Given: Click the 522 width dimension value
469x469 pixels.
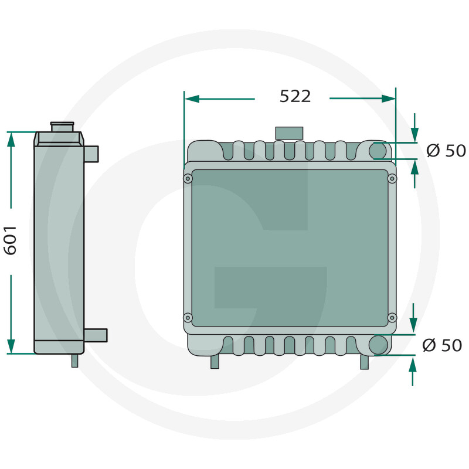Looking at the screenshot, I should point(295,97).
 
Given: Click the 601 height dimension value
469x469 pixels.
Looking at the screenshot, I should point(11,240).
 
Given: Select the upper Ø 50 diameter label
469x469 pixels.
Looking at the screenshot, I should point(446,151).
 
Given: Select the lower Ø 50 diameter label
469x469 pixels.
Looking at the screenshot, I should point(442,345).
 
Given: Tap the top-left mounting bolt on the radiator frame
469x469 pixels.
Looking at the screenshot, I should point(188,178).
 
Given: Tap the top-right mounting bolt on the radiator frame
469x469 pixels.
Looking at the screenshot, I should point(392,178).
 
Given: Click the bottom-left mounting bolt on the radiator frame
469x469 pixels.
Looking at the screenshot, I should point(188,318).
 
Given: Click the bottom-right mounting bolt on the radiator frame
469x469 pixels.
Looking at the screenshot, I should point(392,318).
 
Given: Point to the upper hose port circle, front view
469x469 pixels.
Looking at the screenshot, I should point(379,151).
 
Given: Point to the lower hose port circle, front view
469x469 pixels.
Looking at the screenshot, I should point(379,345).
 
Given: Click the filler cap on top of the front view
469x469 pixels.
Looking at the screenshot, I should point(289,133).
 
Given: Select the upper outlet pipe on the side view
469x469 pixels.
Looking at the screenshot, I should point(91,154).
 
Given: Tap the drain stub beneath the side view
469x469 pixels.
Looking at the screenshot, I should point(74,361).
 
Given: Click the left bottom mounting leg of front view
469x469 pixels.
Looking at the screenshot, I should point(215,362).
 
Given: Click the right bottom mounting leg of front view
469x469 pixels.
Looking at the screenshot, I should point(364,362).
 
